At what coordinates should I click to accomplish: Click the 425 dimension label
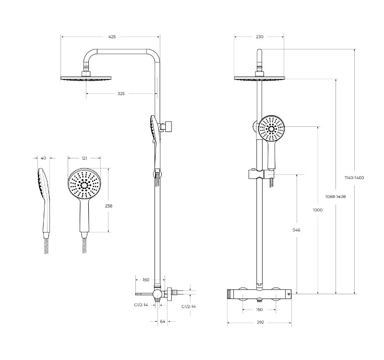[112, 37]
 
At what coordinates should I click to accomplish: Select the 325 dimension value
[121, 94]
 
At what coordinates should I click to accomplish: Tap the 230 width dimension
[260, 37]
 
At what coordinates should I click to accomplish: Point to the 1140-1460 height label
[354, 178]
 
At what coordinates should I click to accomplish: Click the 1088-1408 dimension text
[336, 196]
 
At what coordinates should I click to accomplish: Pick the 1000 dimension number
[318, 210]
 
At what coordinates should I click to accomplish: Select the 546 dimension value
[296, 230]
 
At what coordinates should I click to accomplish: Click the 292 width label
[260, 322]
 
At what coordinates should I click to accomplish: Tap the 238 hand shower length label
[108, 206]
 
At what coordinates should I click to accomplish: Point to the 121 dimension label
[84, 158]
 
